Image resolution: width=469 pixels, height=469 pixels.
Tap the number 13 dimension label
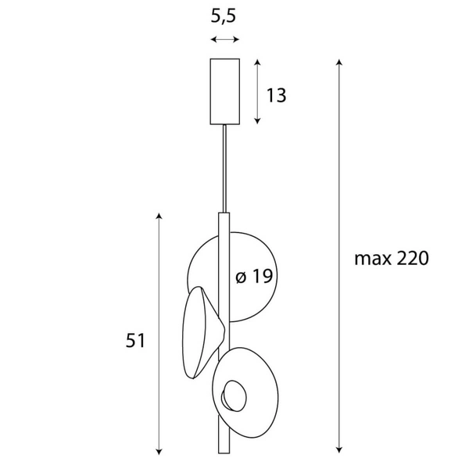pyautogui.click(x=276, y=95)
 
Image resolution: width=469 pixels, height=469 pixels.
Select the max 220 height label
pyautogui.click(x=391, y=259)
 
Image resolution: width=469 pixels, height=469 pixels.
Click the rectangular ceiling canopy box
pyautogui.click(x=225, y=91)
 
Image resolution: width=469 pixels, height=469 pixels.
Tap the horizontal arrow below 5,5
pyautogui.click(x=225, y=40)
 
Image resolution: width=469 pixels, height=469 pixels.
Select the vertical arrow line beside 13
pyautogui.click(x=257, y=91)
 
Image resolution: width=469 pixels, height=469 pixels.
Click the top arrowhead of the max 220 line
pyautogui.click(x=338, y=62)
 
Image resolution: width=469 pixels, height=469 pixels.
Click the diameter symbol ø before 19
pyautogui.click(x=241, y=277)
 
